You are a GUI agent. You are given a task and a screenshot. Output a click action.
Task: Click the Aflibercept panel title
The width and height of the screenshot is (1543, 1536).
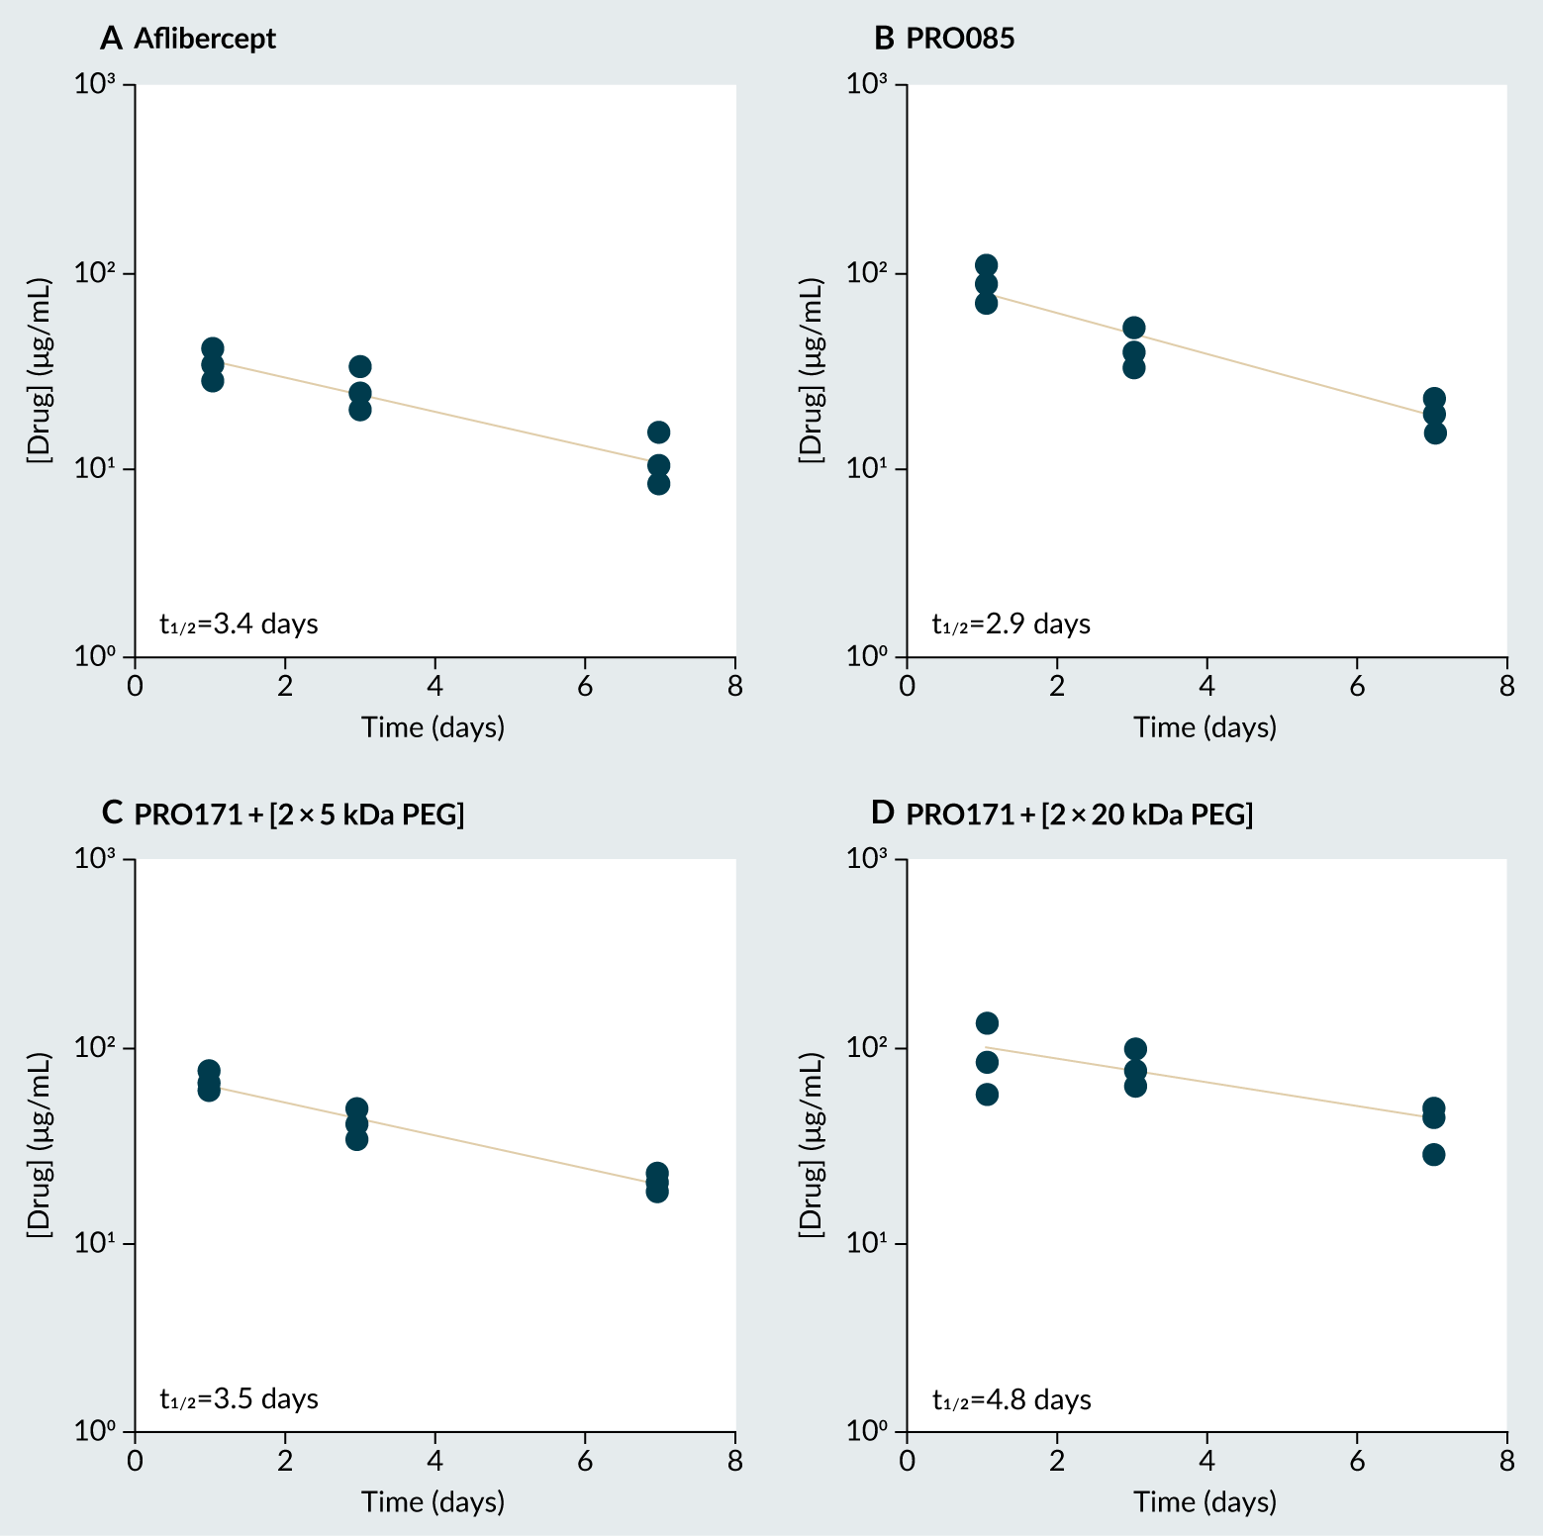[204, 39]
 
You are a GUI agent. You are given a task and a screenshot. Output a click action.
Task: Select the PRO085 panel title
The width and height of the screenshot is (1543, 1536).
[960, 39]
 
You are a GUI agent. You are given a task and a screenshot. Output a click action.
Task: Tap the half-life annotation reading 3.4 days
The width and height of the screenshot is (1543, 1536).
[239, 624]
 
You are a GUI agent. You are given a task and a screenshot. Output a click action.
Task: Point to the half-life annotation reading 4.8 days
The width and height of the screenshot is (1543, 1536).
[1012, 1400]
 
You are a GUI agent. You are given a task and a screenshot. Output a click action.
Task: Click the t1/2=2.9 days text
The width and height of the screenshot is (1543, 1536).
[1012, 624]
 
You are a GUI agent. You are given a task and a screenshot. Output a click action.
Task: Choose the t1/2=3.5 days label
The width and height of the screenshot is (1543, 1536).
[239, 1398]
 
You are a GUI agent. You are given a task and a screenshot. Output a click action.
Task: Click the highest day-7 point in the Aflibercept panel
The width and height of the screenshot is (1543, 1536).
[658, 432]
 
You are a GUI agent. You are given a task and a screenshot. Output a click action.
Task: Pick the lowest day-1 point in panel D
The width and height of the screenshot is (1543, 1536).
[987, 1095]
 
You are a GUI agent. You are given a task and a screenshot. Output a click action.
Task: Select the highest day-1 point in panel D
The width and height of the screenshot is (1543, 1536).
[987, 1023]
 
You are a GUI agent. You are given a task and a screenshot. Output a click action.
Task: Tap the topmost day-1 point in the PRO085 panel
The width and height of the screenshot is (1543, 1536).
[986, 265]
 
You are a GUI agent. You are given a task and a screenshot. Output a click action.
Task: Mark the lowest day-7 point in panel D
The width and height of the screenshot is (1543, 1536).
[1434, 1155]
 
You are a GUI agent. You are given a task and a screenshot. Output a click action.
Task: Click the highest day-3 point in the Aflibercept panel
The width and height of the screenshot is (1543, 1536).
[360, 366]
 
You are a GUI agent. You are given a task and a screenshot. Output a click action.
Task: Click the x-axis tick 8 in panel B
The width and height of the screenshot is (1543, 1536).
[1506, 686]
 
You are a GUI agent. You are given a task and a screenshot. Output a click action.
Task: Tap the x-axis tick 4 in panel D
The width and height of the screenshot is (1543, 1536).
[1206, 1461]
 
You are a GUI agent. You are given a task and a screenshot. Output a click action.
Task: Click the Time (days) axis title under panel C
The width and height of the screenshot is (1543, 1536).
[434, 1501]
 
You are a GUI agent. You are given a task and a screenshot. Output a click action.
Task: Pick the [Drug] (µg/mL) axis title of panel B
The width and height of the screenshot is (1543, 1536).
[811, 369]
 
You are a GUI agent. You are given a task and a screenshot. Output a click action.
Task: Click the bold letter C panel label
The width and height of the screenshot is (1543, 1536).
[112, 814]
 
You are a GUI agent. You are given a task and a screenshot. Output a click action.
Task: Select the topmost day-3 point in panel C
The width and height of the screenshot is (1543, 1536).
[357, 1109]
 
